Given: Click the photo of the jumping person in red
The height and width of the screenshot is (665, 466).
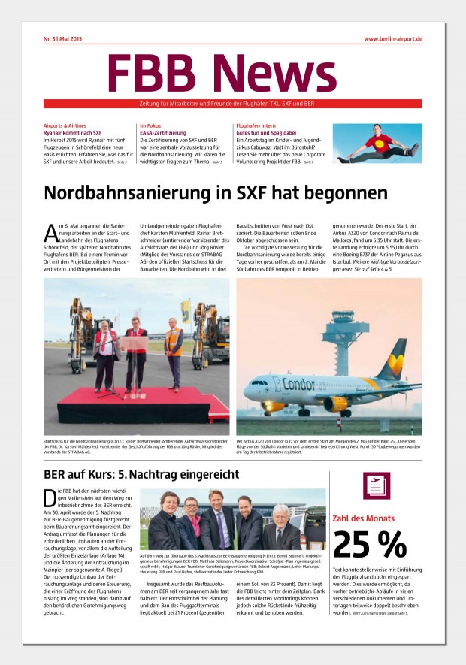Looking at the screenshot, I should (378, 144).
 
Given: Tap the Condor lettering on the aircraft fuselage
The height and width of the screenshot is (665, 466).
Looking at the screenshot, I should (279, 385).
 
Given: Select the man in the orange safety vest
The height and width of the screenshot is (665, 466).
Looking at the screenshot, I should (173, 353).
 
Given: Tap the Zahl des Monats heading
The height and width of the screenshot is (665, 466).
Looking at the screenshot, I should (365, 518).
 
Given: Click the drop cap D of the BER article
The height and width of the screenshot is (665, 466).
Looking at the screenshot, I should (50, 497).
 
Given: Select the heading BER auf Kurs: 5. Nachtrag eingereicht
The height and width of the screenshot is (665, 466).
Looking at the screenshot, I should (141, 474).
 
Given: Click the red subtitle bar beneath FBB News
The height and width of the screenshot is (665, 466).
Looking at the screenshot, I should (232, 103).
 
